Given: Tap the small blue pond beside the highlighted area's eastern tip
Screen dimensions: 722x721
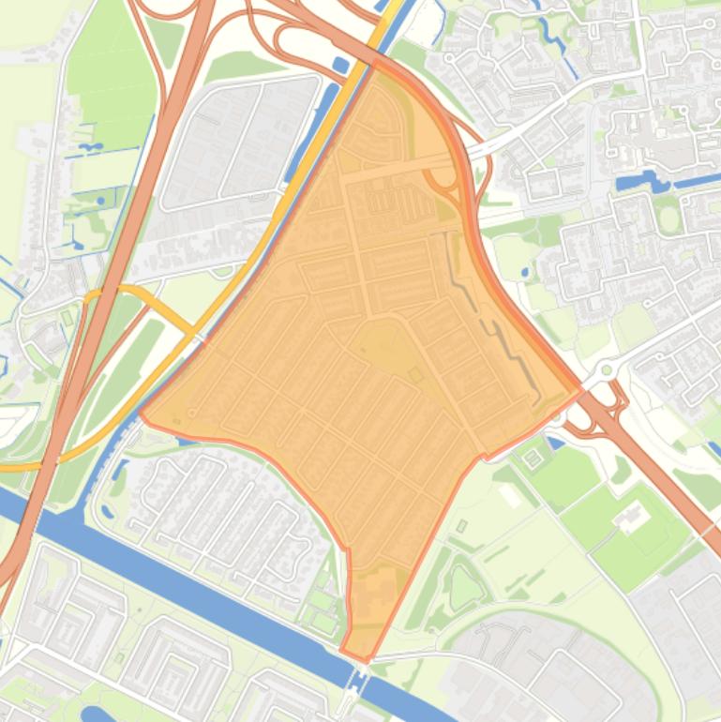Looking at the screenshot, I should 554,442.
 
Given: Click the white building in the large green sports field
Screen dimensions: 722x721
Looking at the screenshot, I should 632,516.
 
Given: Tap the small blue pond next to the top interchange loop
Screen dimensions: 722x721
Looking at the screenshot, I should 340,65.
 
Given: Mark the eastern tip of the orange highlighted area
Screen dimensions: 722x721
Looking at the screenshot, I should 580,390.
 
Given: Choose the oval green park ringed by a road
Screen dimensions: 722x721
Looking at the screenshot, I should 668,218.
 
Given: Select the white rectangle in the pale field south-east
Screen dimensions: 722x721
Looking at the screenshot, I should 511,494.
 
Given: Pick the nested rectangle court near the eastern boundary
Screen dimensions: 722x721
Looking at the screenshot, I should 533,458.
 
